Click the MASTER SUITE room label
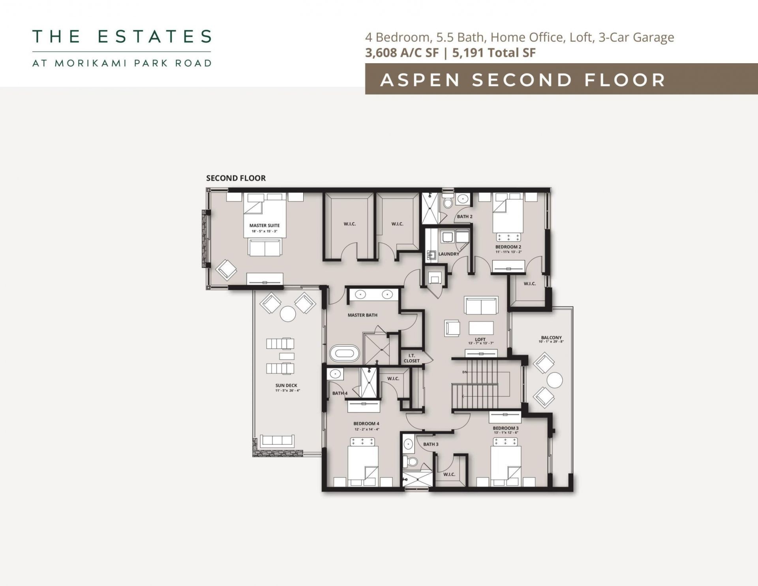click(x=264, y=225)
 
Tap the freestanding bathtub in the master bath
click(x=345, y=353)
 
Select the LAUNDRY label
click(x=448, y=254)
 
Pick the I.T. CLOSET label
click(x=411, y=358)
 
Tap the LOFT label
click(x=480, y=339)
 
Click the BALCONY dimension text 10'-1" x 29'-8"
click(x=551, y=342)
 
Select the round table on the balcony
click(x=555, y=381)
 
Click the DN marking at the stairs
click(x=464, y=372)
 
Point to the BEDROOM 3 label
click(x=505, y=428)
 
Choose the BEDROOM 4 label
click(x=366, y=424)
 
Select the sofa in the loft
click(x=480, y=306)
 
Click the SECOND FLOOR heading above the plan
click(x=236, y=178)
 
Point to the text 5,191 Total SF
click(x=493, y=53)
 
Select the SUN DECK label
click(x=286, y=385)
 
